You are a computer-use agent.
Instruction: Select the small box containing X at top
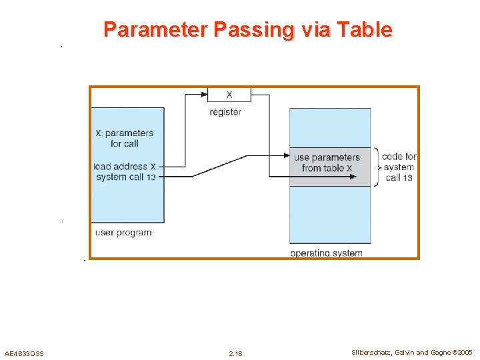(x=229, y=95)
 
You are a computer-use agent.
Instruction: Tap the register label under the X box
(x=225, y=112)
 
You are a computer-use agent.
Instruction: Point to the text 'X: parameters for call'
(x=125, y=138)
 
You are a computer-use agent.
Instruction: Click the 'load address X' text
(x=125, y=166)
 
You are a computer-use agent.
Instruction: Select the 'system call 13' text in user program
(x=126, y=177)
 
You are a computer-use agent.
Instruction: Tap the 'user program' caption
(x=123, y=233)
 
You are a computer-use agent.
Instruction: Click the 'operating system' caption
(x=326, y=253)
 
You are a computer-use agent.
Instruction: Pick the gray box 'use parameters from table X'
(x=329, y=167)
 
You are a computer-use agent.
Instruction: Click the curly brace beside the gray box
(x=377, y=167)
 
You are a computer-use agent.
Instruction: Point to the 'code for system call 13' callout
(x=399, y=167)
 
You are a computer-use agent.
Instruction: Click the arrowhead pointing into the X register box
(x=205, y=95)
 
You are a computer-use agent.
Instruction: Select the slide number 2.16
(x=235, y=353)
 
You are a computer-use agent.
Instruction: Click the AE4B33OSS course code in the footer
(x=24, y=353)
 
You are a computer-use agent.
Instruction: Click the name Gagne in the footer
(x=438, y=352)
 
